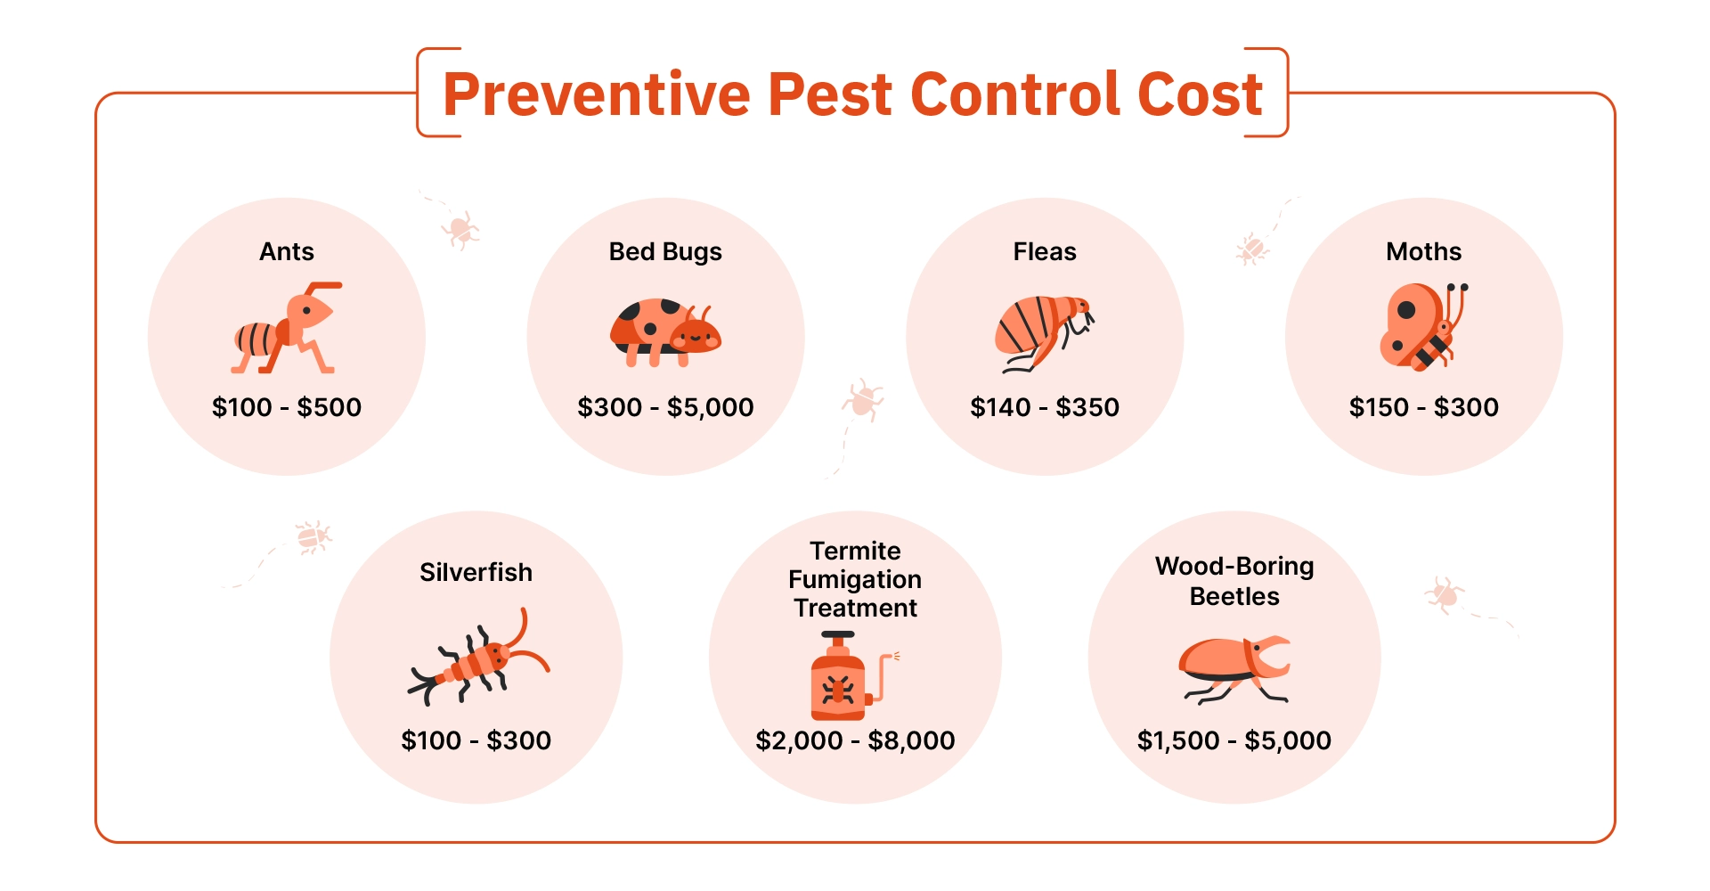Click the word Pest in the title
(x=829, y=94)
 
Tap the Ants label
(x=287, y=252)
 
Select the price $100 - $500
(x=287, y=407)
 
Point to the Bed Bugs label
(x=665, y=253)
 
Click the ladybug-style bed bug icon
(x=665, y=331)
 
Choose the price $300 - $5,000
(x=665, y=408)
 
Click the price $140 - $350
(x=1045, y=407)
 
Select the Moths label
(x=1423, y=252)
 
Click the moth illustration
(x=1423, y=326)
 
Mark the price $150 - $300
(x=1423, y=407)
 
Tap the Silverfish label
(x=476, y=572)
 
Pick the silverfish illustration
(x=478, y=657)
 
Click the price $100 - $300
(x=476, y=740)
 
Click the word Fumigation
(x=855, y=580)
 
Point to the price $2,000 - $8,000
(x=855, y=741)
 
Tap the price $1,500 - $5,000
(x=1234, y=741)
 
